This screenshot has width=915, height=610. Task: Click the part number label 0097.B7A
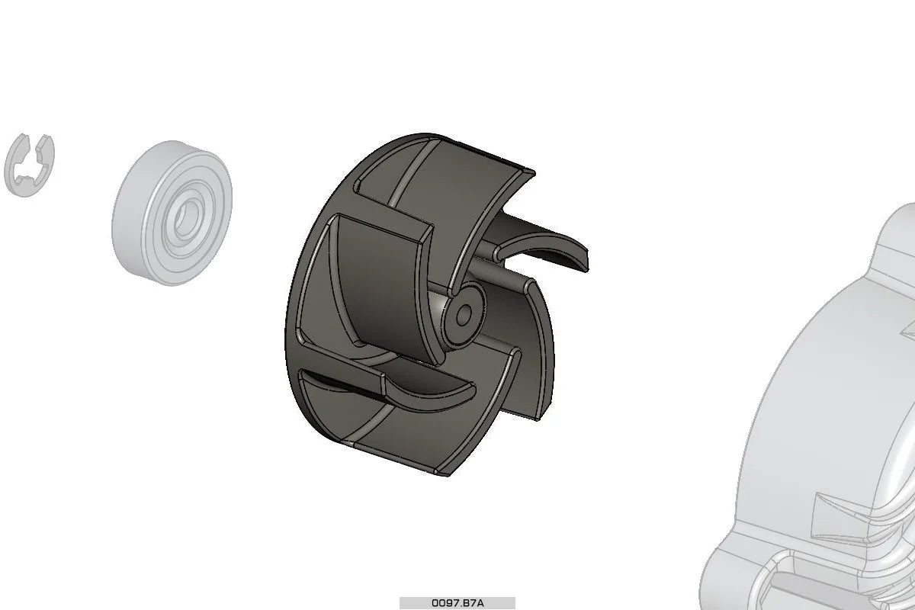point(457,602)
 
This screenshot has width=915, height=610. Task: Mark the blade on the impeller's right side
point(534,343)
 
